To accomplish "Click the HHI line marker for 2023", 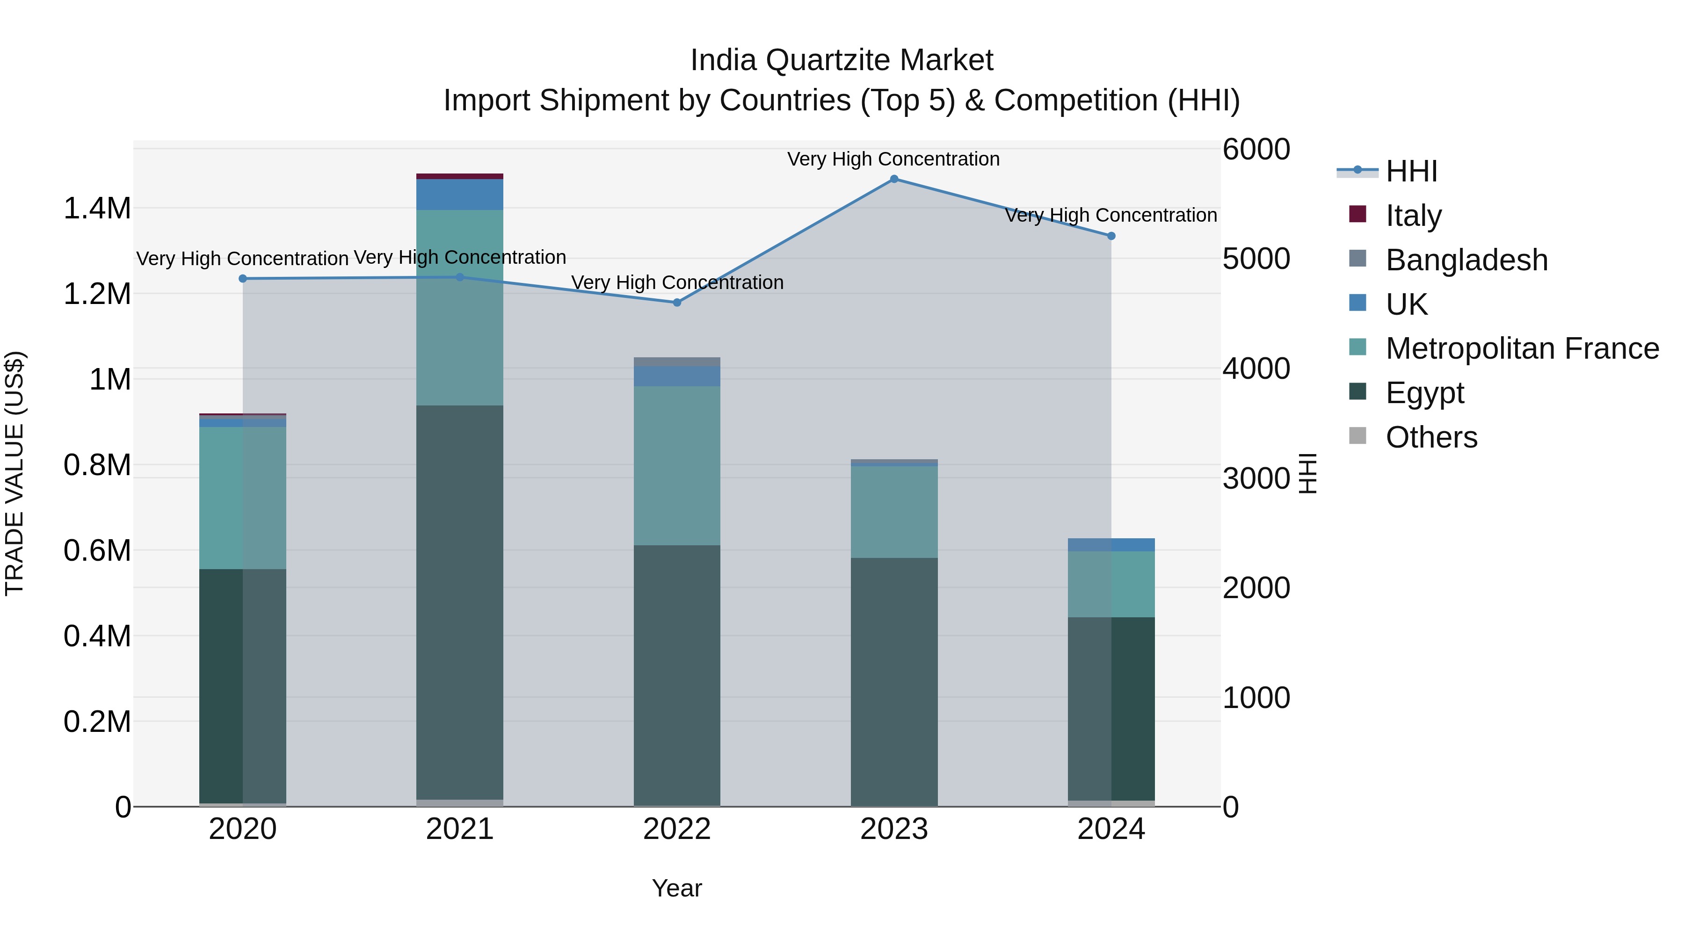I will coord(893,179).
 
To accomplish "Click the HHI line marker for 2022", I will coord(676,303).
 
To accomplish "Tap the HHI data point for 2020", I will coord(242,278).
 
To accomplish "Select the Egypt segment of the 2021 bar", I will coord(459,601).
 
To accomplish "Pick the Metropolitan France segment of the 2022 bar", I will coord(676,465).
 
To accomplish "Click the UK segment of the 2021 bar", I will coord(459,194).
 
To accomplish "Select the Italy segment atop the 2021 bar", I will coord(459,176).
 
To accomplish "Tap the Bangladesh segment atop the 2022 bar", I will coord(676,362).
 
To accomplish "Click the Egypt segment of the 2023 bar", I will coord(893,680).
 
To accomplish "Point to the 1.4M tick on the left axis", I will coord(97,209).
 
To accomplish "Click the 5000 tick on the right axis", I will coord(1256,259).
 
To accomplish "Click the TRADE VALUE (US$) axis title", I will coord(15,473).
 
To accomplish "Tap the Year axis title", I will coord(676,888).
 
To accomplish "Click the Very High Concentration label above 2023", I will coord(893,159).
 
